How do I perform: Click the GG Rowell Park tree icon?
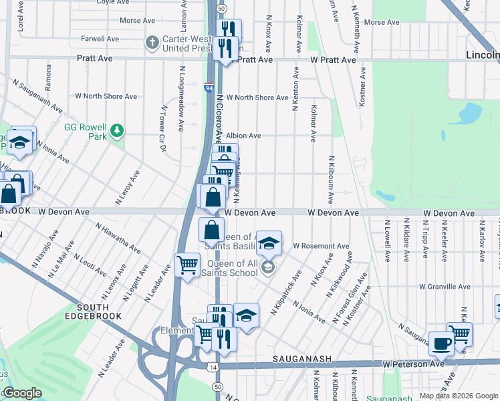(x=117, y=130)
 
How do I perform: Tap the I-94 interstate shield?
(x=209, y=86)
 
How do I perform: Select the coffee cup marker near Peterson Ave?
(x=441, y=344)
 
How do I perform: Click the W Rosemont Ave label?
(x=321, y=246)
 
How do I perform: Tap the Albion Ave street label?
(x=243, y=136)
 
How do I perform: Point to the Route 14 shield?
(x=212, y=368)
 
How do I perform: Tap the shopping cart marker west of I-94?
(x=187, y=265)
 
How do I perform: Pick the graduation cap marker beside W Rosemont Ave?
(x=269, y=243)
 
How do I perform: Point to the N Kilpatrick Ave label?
(x=286, y=293)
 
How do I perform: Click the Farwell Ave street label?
(x=100, y=39)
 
